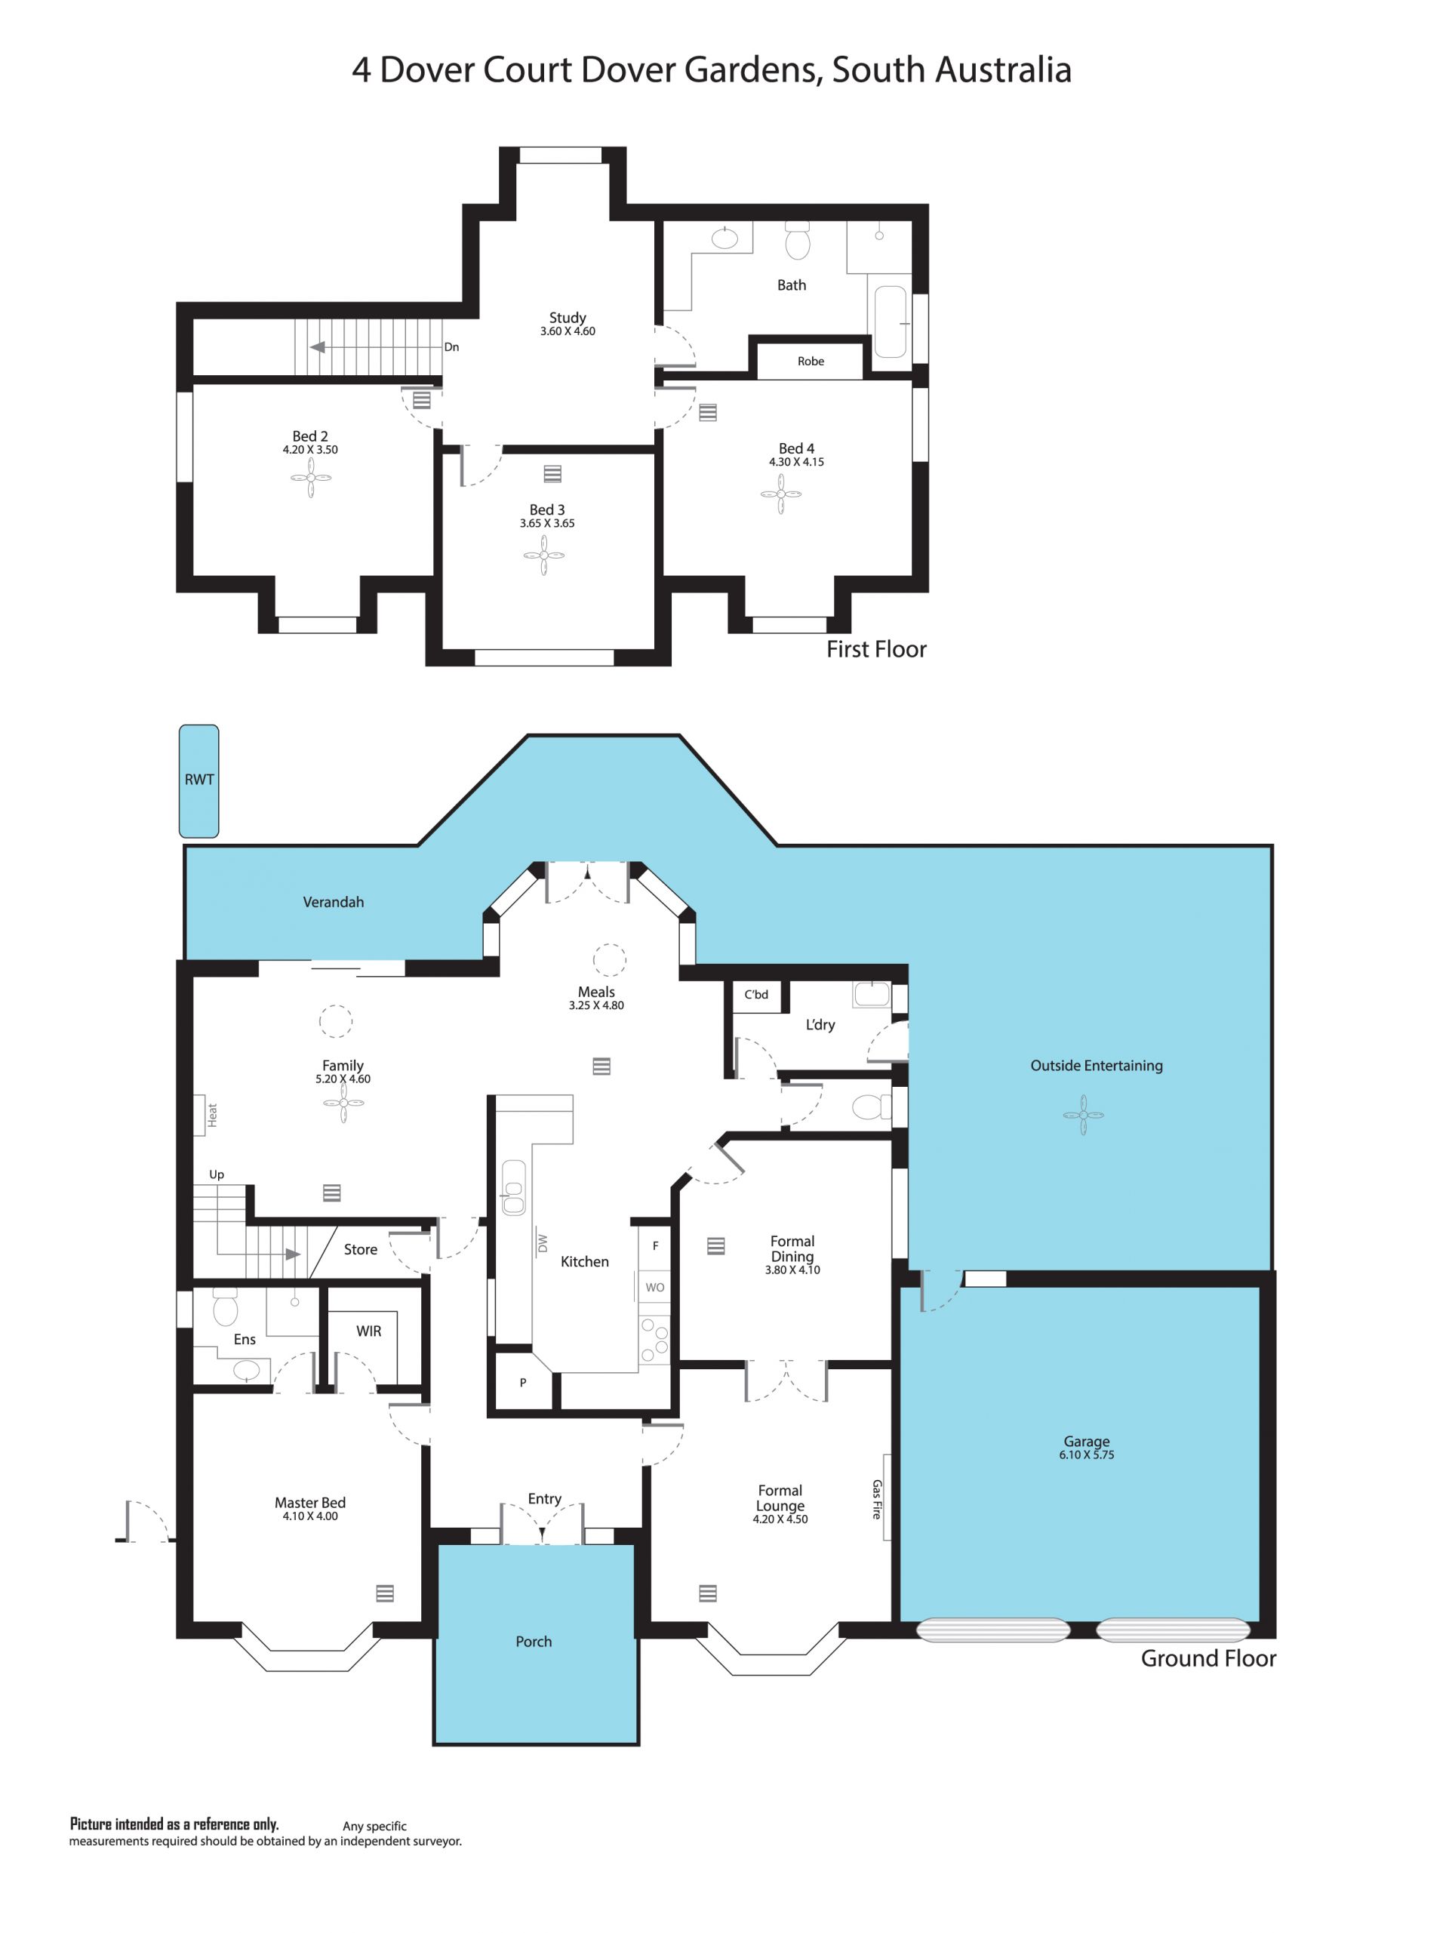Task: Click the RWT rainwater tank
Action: click(198, 780)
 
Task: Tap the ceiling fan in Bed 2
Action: click(311, 479)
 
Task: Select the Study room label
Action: click(568, 318)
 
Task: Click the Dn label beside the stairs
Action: click(451, 347)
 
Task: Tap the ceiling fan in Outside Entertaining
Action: click(1084, 1115)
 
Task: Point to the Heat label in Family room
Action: click(211, 1114)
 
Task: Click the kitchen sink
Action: click(513, 1187)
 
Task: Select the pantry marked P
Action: click(522, 1383)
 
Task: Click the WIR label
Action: click(368, 1331)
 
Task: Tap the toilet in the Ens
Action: click(226, 1307)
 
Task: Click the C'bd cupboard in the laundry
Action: click(757, 995)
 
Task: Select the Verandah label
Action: click(333, 902)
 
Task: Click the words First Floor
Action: click(875, 649)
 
